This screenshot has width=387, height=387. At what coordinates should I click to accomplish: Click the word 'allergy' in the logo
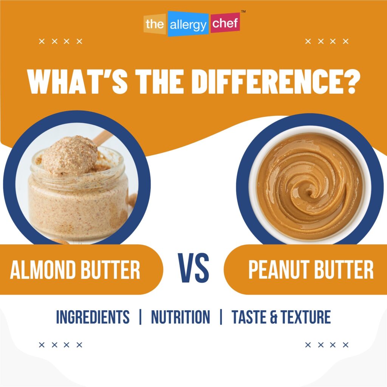(x=188, y=25)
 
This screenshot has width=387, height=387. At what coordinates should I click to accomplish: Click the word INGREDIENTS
(x=93, y=317)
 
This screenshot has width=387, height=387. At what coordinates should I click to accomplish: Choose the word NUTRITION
(x=180, y=317)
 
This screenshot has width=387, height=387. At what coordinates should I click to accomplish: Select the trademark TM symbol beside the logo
(x=243, y=12)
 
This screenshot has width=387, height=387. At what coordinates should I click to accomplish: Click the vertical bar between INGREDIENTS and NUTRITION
(x=140, y=317)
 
